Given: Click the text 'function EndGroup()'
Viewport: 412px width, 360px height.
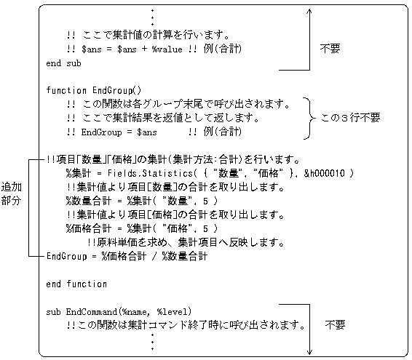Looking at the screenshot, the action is [x=94, y=91].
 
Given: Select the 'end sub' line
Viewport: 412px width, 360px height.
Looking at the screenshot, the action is [x=63, y=63].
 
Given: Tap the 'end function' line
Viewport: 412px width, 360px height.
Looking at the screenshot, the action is [x=76, y=284].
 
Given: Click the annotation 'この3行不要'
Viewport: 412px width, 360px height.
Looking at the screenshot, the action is [x=350, y=118].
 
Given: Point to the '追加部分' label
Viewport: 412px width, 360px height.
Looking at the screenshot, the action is [x=11, y=193].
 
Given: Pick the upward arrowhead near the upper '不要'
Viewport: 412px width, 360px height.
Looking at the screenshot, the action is [x=309, y=11].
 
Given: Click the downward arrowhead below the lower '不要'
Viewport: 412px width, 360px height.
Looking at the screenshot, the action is [x=309, y=352].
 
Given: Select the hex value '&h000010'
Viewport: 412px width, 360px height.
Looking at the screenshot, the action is [x=324, y=173].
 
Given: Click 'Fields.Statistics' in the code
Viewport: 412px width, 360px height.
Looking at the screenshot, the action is [x=150, y=173].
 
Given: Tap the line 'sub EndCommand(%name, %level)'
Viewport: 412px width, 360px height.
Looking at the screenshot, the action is [x=119, y=312].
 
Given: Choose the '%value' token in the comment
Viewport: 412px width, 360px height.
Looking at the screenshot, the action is [x=167, y=49].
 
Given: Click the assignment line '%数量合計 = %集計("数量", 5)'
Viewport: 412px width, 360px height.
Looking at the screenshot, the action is [x=142, y=201].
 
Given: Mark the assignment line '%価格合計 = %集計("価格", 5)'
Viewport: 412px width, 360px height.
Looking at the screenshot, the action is [x=142, y=228].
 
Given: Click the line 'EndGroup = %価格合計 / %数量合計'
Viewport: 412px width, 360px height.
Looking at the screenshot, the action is [x=127, y=256].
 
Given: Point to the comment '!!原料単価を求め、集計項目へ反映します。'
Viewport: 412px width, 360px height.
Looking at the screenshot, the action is [x=186, y=242].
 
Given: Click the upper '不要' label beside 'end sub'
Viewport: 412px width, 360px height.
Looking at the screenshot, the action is [x=330, y=49].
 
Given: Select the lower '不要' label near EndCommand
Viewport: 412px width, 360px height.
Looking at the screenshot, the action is [x=335, y=325].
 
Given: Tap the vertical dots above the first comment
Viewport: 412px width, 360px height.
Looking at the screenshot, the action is [x=152, y=17].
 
